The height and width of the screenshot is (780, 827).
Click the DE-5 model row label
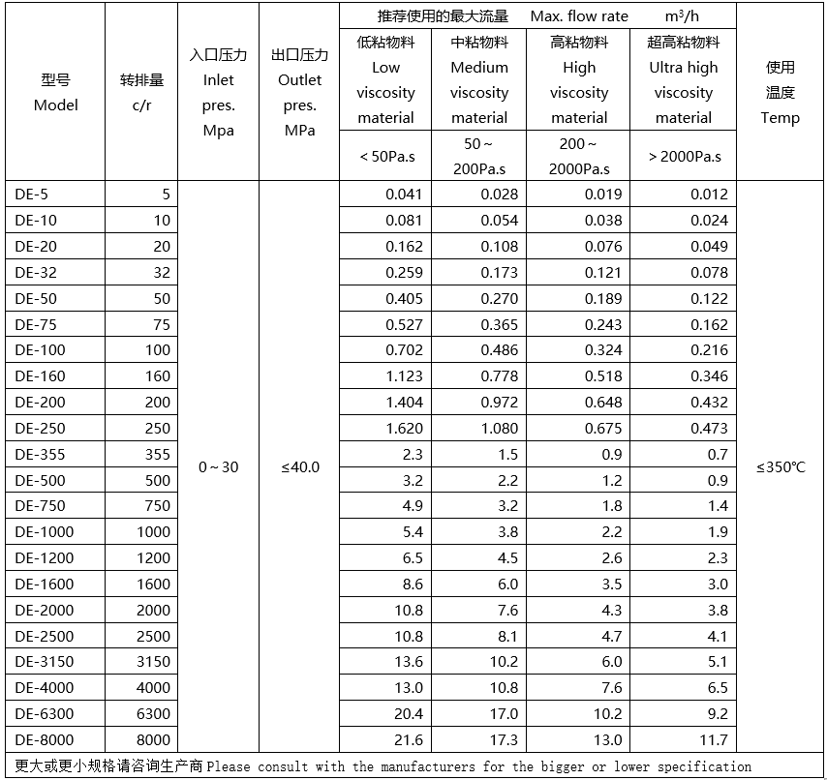coord(31,194)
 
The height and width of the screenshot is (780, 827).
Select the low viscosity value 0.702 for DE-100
coord(404,350)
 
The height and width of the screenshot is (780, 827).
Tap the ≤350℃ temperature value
coord(781,467)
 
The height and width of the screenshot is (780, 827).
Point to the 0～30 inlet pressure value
coord(218,467)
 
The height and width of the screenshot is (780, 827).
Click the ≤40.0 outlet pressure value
coord(300,467)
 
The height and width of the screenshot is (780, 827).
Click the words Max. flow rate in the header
coord(579,16)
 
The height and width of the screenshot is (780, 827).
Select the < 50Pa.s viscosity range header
coord(387,156)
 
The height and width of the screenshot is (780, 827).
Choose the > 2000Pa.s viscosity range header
coord(684,156)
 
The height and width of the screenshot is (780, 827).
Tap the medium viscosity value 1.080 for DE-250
coord(500,428)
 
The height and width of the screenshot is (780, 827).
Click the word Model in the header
coord(56,105)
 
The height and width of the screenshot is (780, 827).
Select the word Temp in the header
coord(781,118)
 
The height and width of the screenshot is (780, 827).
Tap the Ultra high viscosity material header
coord(684,80)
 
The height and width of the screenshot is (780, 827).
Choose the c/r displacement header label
coord(142,105)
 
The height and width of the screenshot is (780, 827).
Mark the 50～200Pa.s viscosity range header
coord(479,156)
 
